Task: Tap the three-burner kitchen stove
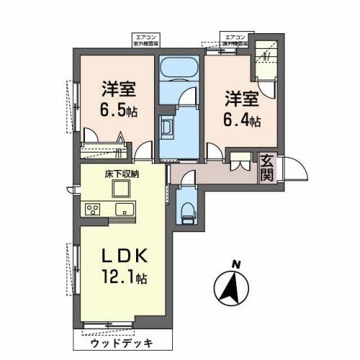point(94,210)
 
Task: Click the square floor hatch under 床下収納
point(119,189)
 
